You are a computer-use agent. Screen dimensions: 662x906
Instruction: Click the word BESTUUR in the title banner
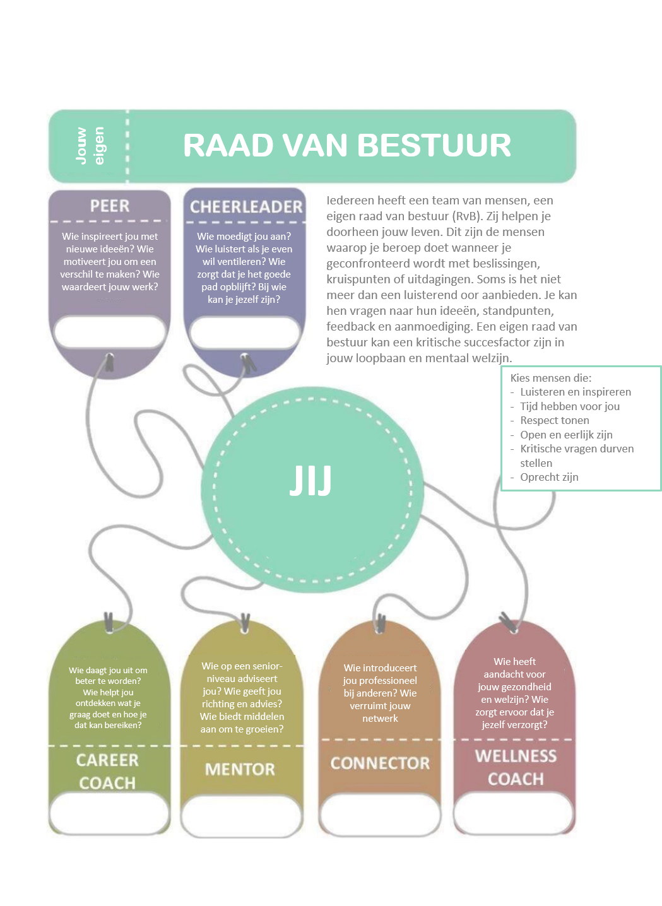(434, 145)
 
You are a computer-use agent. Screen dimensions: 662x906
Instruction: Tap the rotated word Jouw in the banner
(81, 146)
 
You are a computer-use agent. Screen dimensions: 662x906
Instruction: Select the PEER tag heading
(110, 206)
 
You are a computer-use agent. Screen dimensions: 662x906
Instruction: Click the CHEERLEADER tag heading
(246, 207)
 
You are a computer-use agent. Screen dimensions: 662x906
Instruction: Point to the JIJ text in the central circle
(310, 481)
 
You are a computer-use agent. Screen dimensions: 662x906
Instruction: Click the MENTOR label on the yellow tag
(240, 769)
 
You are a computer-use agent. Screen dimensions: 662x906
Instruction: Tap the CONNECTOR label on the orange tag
(380, 763)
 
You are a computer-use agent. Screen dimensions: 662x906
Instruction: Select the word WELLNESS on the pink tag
(516, 756)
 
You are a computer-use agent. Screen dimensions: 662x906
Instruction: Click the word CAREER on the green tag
(108, 760)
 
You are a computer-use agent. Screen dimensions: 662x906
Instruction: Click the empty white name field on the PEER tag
(110, 332)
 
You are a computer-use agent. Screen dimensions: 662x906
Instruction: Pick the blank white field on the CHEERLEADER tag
(244, 332)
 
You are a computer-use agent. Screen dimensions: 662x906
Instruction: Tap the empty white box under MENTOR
(242, 815)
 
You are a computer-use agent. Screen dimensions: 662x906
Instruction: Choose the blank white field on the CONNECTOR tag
(379, 814)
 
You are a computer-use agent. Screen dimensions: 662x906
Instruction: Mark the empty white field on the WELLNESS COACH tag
(514, 812)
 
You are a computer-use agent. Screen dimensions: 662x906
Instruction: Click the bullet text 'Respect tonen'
(554, 420)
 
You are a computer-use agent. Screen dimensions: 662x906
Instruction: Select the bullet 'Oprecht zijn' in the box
(549, 477)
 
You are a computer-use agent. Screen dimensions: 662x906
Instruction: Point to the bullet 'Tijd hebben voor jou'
(570, 406)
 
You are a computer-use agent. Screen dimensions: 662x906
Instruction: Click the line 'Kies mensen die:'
(551, 378)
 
